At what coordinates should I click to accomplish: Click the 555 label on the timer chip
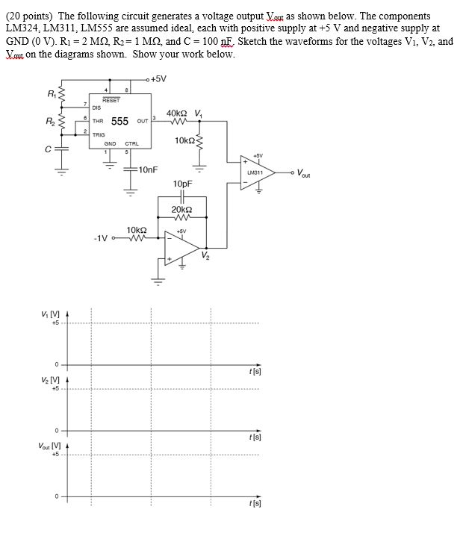pyautogui.click(x=119, y=121)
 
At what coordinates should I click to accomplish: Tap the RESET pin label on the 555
pyautogui.click(x=111, y=100)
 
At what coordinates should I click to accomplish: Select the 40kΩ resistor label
pyautogui.click(x=177, y=113)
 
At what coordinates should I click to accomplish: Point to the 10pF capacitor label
pyautogui.click(x=182, y=184)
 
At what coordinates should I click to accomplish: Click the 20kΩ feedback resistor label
pyautogui.click(x=181, y=209)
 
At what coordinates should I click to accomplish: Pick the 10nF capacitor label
pyautogui.click(x=149, y=169)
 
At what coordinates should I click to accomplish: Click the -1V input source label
pyautogui.click(x=101, y=238)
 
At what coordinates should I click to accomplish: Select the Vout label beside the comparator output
pyautogui.click(x=303, y=173)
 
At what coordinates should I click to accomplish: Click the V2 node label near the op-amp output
pyautogui.click(x=205, y=255)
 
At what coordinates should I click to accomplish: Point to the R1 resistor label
pyautogui.click(x=52, y=93)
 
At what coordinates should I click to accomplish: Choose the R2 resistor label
pyautogui.click(x=50, y=121)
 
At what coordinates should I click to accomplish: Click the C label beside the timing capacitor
pyautogui.click(x=49, y=149)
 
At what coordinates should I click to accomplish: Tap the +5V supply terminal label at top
pyautogui.click(x=158, y=79)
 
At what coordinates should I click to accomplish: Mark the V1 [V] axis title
pyautogui.click(x=50, y=314)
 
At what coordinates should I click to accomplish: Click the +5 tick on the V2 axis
pyautogui.click(x=55, y=389)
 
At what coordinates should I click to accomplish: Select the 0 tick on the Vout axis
pyautogui.click(x=57, y=496)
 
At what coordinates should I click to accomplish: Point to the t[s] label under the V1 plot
pyautogui.click(x=255, y=372)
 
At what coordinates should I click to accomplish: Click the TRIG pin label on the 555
pyautogui.click(x=99, y=135)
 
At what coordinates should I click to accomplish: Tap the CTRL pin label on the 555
pyautogui.click(x=132, y=144)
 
